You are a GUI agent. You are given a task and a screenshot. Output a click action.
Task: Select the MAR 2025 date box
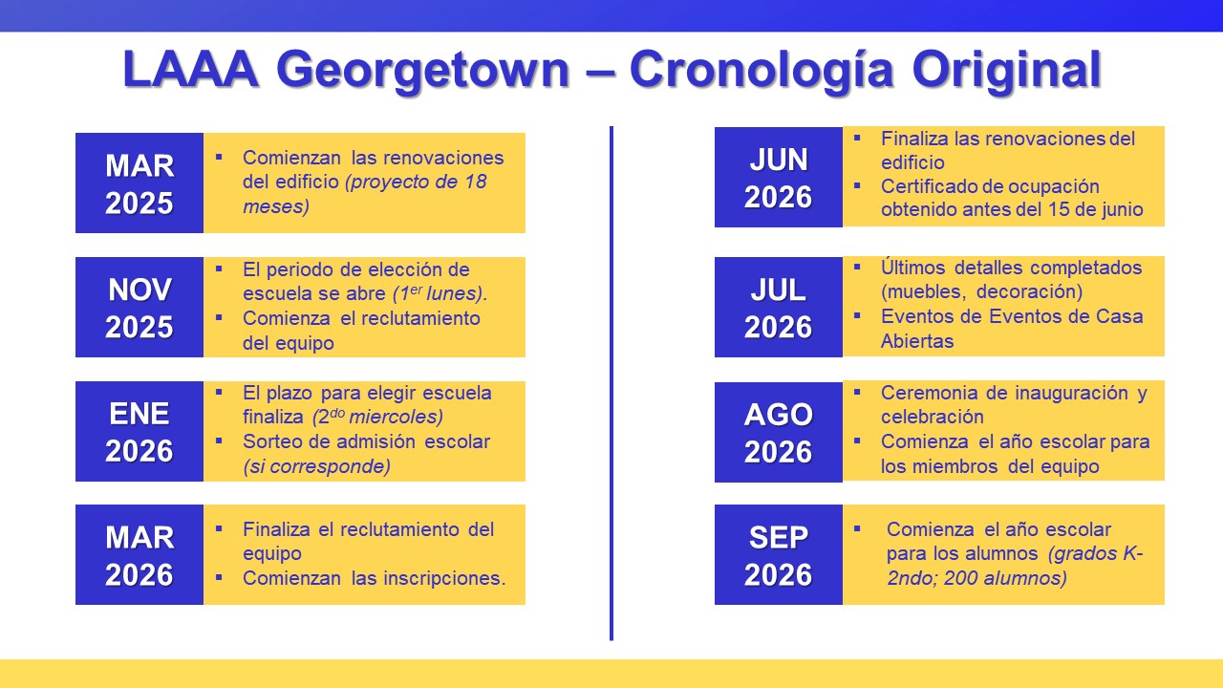pyautogui.click(x=139, y=183)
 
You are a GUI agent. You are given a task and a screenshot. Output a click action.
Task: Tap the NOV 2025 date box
pyautogui.click(x=139, y=308)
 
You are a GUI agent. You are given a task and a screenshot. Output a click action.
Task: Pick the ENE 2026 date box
pyautogui.click(x=139, y=432)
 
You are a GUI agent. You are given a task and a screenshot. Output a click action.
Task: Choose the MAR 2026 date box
pyautogui.click(x=139, y=555)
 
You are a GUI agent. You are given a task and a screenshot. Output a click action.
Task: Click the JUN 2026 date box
pyautogui.click(x=778, y=178)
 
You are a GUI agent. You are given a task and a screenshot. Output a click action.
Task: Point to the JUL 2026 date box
pyautogui.click(x=778, y=308)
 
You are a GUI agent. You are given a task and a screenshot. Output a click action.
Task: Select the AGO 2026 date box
pyautogui.click(x=778, y=432)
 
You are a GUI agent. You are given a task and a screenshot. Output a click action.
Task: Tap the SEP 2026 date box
pyautogui.click(x=778, y=555)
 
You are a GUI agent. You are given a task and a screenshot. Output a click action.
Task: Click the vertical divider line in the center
pyautogui.click(x=611, y=382)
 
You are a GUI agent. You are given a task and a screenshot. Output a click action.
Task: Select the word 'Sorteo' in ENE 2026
pyautogui.click(x=272, y=441)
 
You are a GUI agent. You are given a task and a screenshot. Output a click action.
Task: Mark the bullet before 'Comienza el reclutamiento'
pyautogui.click(x=219, y=317)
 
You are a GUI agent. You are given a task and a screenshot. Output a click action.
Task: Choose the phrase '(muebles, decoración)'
pyautogui.click(x=981, y=291)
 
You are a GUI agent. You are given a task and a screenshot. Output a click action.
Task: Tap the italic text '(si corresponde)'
pyautogui.click(x=316, y=466)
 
